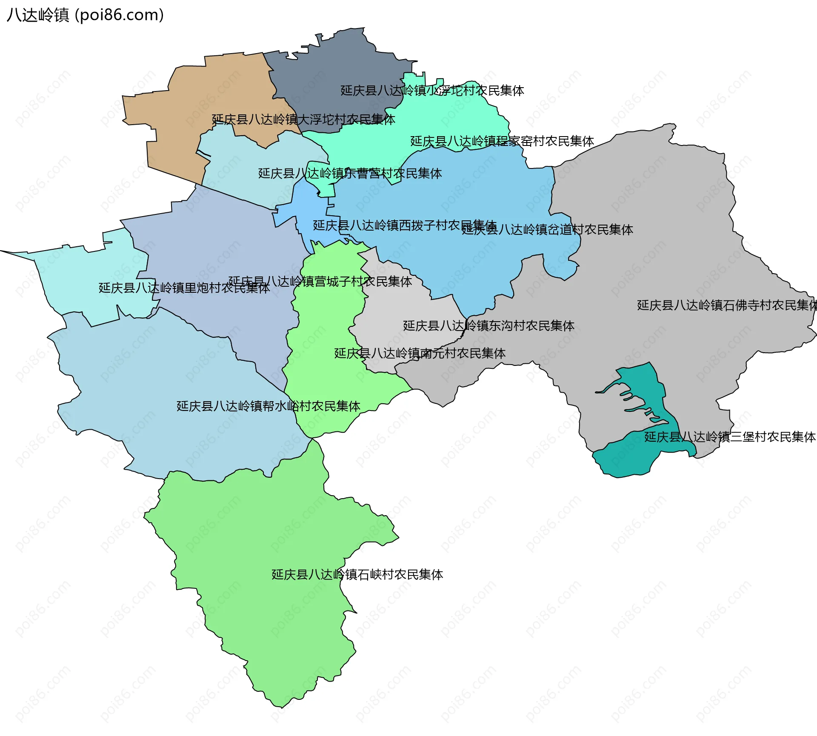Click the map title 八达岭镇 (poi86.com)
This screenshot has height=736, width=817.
85,15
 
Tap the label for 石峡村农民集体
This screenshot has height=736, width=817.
357,575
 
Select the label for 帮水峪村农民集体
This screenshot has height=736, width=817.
268,406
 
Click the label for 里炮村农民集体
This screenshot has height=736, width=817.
184,288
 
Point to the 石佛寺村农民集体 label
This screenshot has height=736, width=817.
726,305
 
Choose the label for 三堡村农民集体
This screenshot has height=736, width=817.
729,437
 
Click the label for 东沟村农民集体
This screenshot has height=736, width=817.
488,326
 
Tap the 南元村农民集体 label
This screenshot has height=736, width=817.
420,354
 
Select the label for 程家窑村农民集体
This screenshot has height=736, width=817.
502,141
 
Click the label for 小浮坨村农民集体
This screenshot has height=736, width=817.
432,91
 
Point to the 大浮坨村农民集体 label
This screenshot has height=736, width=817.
303,120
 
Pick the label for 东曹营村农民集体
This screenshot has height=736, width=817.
350,174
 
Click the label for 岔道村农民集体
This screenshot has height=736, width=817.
547,230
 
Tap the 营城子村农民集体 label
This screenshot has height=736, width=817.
320,282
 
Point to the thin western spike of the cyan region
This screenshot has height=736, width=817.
17,254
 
